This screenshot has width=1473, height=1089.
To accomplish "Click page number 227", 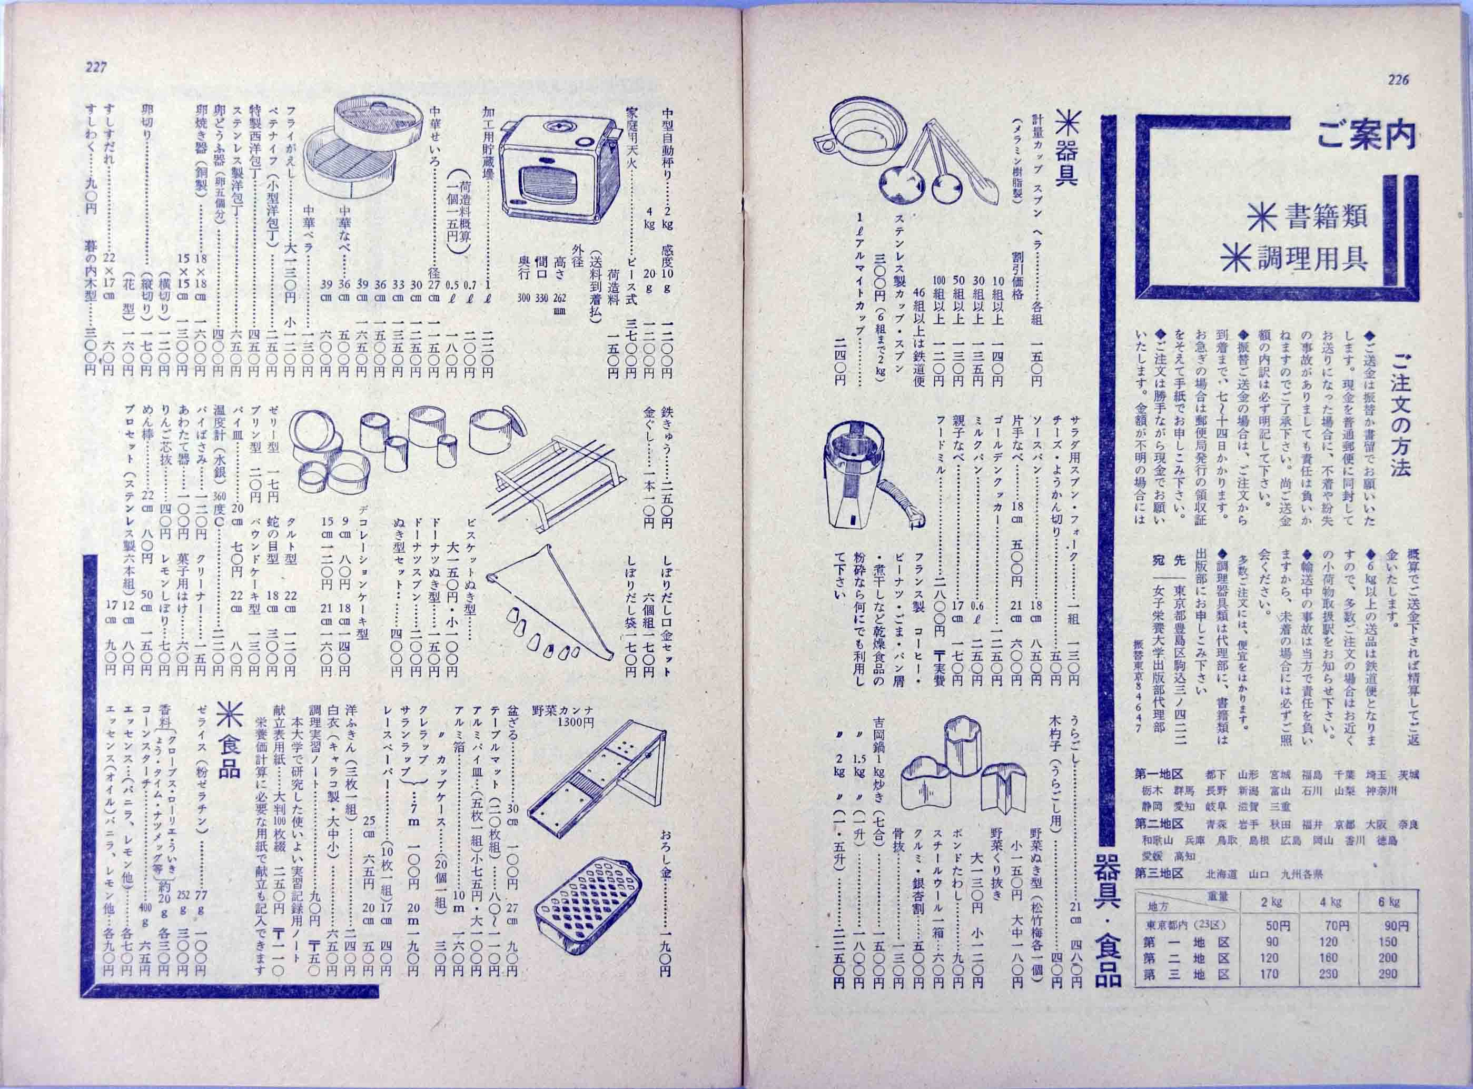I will pyautogui.click(x=95, y=66).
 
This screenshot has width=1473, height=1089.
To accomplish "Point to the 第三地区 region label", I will pyautogui.click(x=1159, y=874).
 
